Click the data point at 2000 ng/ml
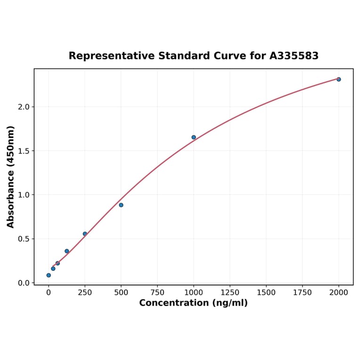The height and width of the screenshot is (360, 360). tap(338, 79)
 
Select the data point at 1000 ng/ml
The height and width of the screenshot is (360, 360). tap(194, 137)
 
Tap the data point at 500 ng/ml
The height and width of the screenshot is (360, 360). tap(121, 205)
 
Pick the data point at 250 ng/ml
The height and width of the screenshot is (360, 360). tap(85, 234)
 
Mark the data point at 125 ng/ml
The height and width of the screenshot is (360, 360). tap(67, 251)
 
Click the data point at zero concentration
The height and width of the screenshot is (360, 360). tap(49, 275)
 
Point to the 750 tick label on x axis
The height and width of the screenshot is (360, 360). tap(157, 293)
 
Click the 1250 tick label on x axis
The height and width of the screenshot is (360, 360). tap(230, 293)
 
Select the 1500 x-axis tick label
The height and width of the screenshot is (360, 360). tap(266, 293)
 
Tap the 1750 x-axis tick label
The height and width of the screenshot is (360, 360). tap(303, 293)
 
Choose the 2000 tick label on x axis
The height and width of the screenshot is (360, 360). tap(338, 293)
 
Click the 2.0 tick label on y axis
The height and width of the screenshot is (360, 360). tap(24, 107)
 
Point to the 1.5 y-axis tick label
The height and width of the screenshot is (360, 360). tap(24, 151)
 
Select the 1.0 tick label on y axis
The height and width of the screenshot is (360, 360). tap(24, 195)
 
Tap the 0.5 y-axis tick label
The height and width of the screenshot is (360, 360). tap(24, 239)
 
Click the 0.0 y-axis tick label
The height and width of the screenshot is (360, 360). tap(24, 283)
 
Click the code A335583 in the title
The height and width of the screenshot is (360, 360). tap(294, 56)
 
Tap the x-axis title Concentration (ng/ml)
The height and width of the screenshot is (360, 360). tap(193, 303)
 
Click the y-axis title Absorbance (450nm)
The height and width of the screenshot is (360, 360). tap(10, 177)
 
